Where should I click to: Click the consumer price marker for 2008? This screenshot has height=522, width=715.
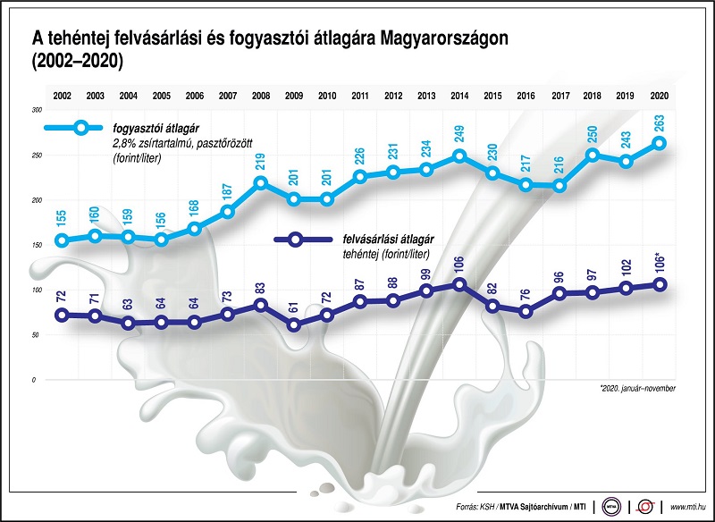point(261,183)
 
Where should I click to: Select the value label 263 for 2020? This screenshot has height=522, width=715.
point(660,122)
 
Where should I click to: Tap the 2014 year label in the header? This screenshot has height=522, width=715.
point(459,95)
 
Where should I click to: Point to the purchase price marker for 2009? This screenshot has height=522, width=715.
point(294,324)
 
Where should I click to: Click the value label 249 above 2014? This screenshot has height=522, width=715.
point(459,135)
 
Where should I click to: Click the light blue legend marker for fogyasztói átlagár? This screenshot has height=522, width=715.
point(82,127)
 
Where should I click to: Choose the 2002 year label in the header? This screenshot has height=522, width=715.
point(63,95)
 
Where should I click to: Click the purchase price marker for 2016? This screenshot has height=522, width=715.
point(526,311)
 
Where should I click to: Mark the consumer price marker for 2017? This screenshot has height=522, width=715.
point(560,186)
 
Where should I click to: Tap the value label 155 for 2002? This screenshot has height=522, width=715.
point(62,220)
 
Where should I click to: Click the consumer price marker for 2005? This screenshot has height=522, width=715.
point(162,240)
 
